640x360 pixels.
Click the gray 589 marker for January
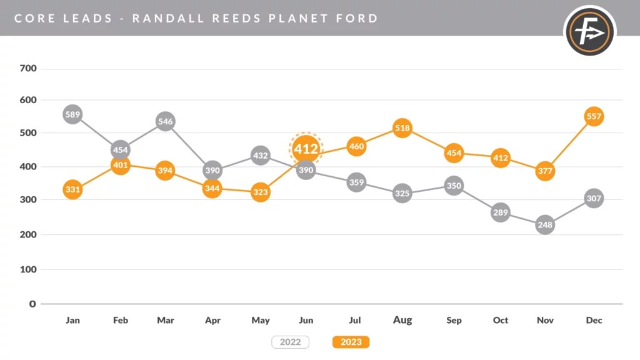tap(72, 114)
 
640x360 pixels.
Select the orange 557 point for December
tap(594, 116)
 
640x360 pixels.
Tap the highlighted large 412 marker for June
tap(306, 149)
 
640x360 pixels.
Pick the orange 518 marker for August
tap(402, 128)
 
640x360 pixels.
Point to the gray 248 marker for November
tap(545, 224)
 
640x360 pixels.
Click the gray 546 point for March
tap(165, 121)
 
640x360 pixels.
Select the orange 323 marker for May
tap(261, 192)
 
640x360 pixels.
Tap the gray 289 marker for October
tap(501, 212)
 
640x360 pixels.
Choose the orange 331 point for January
tap(72, 189)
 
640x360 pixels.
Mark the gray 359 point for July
tap(356, 182)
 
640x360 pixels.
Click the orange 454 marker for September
tap(454, 154)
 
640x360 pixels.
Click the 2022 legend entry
tap(290, 342)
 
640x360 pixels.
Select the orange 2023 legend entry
tap(351, 342)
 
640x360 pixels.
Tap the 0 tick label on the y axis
tap(33, 304)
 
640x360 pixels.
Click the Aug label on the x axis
tap(402, 320)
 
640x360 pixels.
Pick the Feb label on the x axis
tap(120, 320)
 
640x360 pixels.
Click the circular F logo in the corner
tap(590, 31)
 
